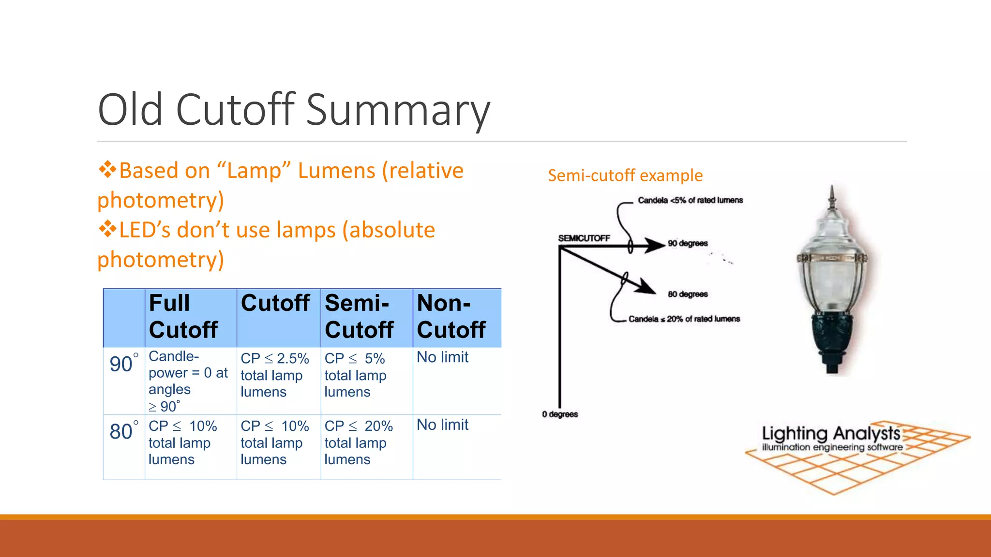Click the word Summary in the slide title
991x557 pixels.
[398, 110]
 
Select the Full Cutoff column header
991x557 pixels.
[183, 317]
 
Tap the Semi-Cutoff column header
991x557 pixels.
[359, 317]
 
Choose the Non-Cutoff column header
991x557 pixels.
[451, 317]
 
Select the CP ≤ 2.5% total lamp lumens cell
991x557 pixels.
[275, 375]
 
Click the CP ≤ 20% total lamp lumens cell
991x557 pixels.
[359, 443]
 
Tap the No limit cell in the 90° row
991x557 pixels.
[443, 357]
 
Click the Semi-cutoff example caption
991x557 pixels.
[625, 175]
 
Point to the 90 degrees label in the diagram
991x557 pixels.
[688, 243]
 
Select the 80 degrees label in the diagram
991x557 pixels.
[688, 294]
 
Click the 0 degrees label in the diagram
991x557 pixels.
[560, 414]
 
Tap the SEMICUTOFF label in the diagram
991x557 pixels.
[584, 238]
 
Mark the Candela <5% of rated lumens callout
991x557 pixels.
[690, 200]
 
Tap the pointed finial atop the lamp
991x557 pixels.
[832, 196]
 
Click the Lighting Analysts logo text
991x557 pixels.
[831, 434]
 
